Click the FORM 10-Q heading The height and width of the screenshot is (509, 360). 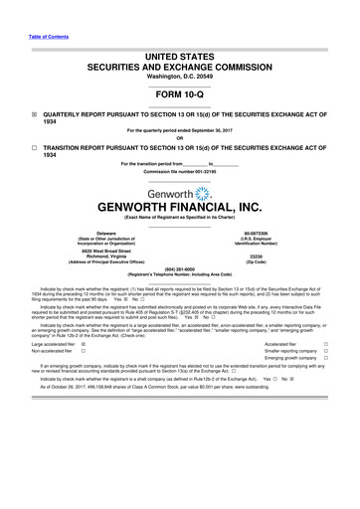click(179, 96)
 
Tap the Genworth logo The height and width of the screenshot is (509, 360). click(179, 193)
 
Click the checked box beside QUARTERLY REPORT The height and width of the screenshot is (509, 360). click(35, 114)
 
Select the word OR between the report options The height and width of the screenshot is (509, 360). click(179, 137)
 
